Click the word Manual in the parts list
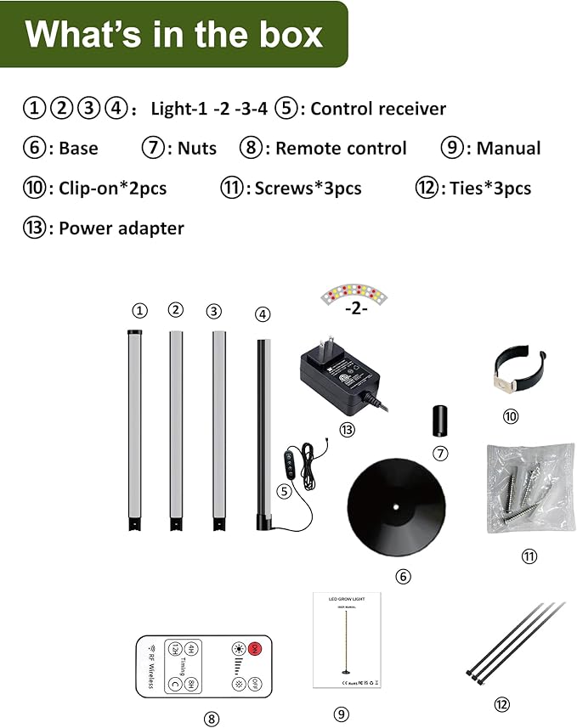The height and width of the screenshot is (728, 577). pos(508,149)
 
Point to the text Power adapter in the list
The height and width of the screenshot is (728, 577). pos(121,229)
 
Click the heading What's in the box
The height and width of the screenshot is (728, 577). pos(174,34)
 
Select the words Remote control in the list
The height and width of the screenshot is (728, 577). pos(341,149)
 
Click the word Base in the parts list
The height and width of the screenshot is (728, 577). pos(78,149)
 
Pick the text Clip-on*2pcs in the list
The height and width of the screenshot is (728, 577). pos(112,189)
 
